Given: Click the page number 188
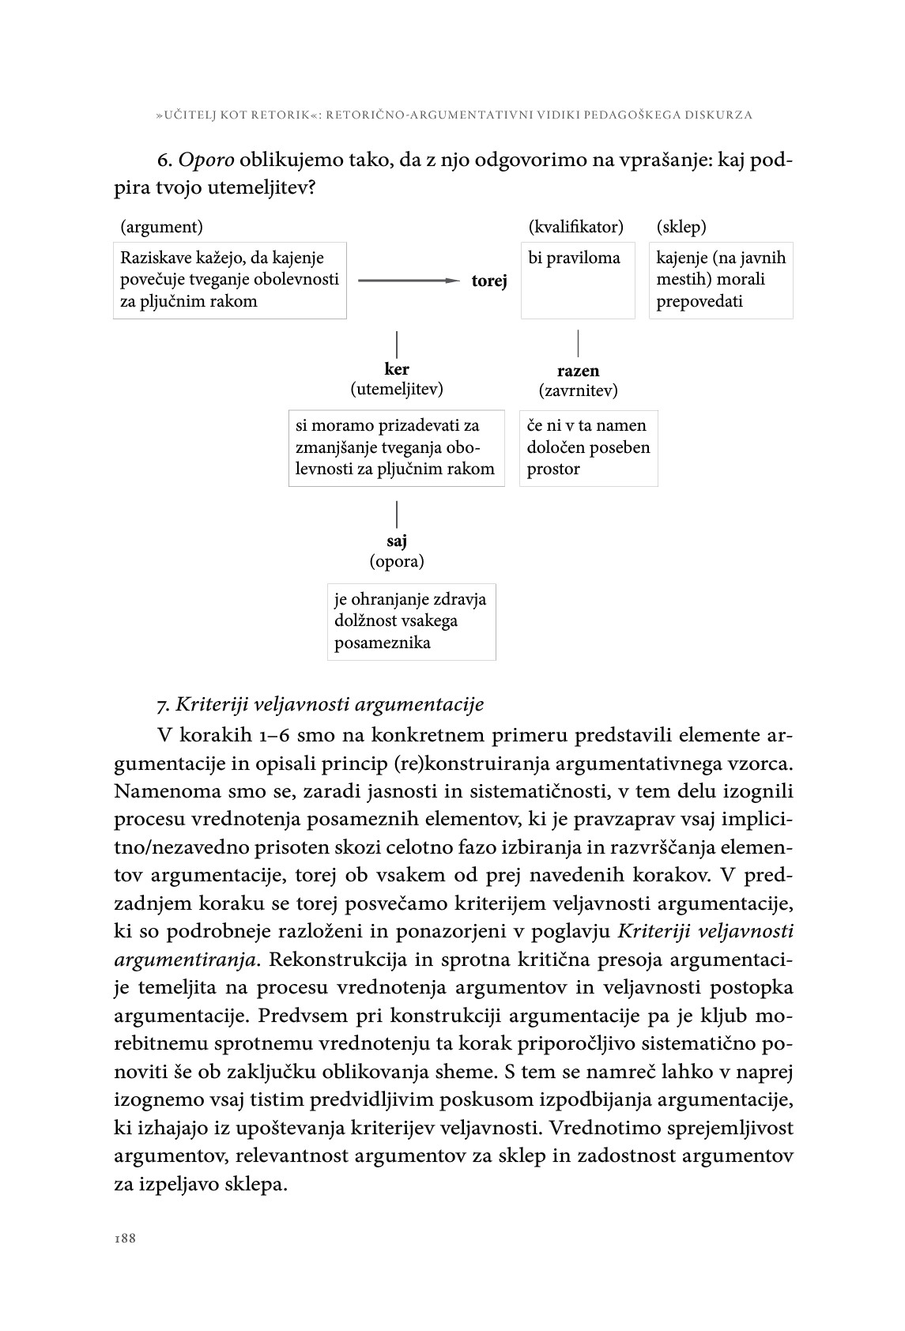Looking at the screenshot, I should coord(125,1239).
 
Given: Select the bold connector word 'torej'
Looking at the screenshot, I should coord(489,281).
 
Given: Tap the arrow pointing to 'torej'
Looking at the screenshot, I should coord(408,281).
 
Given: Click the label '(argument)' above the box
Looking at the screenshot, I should coord(161,228).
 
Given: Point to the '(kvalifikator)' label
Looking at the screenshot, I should coord(575,228).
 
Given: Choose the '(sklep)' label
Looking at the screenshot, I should coord(681,228).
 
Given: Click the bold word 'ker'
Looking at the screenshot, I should coord(397,369).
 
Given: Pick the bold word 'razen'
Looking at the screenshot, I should coord(578,371).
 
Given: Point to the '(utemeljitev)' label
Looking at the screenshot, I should coord(397,389).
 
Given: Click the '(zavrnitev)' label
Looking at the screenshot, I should coord(578,390).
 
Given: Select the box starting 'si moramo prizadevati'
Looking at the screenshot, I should coord(397,447).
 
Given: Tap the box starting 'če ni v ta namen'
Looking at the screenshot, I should coord(588,447).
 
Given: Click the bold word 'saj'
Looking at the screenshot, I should coord(397,541).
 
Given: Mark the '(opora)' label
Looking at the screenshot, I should coord(397,562).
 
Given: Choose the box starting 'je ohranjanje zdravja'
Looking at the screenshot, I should coord(412,621).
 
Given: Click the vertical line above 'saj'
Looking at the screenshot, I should coord(397,514).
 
